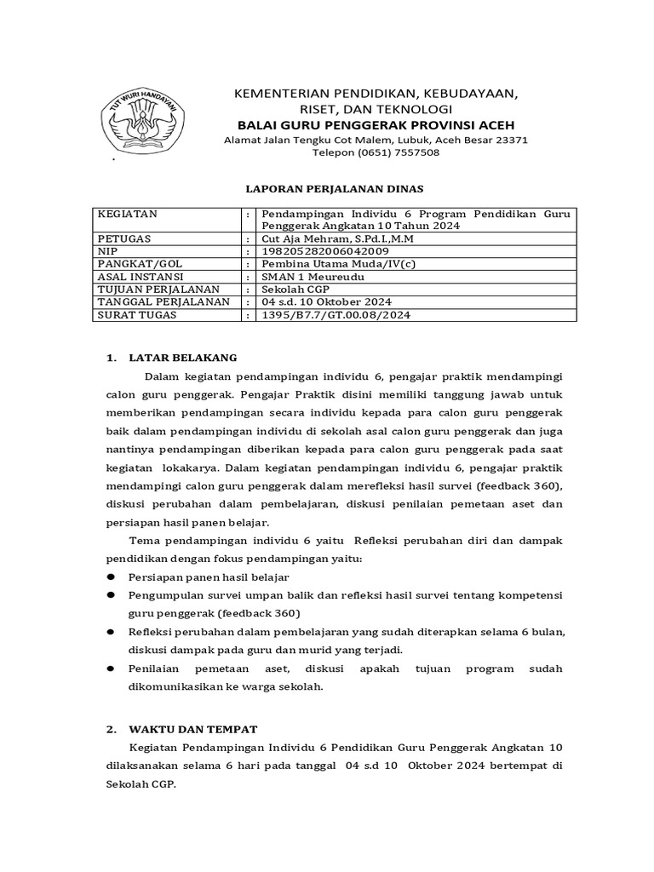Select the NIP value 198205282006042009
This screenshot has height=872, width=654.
click(326, 252)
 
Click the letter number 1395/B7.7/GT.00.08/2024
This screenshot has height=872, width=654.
click(336, 315)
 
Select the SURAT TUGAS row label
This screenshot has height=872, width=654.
click(137, 315)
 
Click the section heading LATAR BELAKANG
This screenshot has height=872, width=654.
click(182, 357)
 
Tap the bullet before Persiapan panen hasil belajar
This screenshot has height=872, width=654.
click(111, 577)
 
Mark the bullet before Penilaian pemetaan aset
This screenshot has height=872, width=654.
click(111, 669)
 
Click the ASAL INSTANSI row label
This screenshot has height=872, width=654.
click(141, 277)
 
